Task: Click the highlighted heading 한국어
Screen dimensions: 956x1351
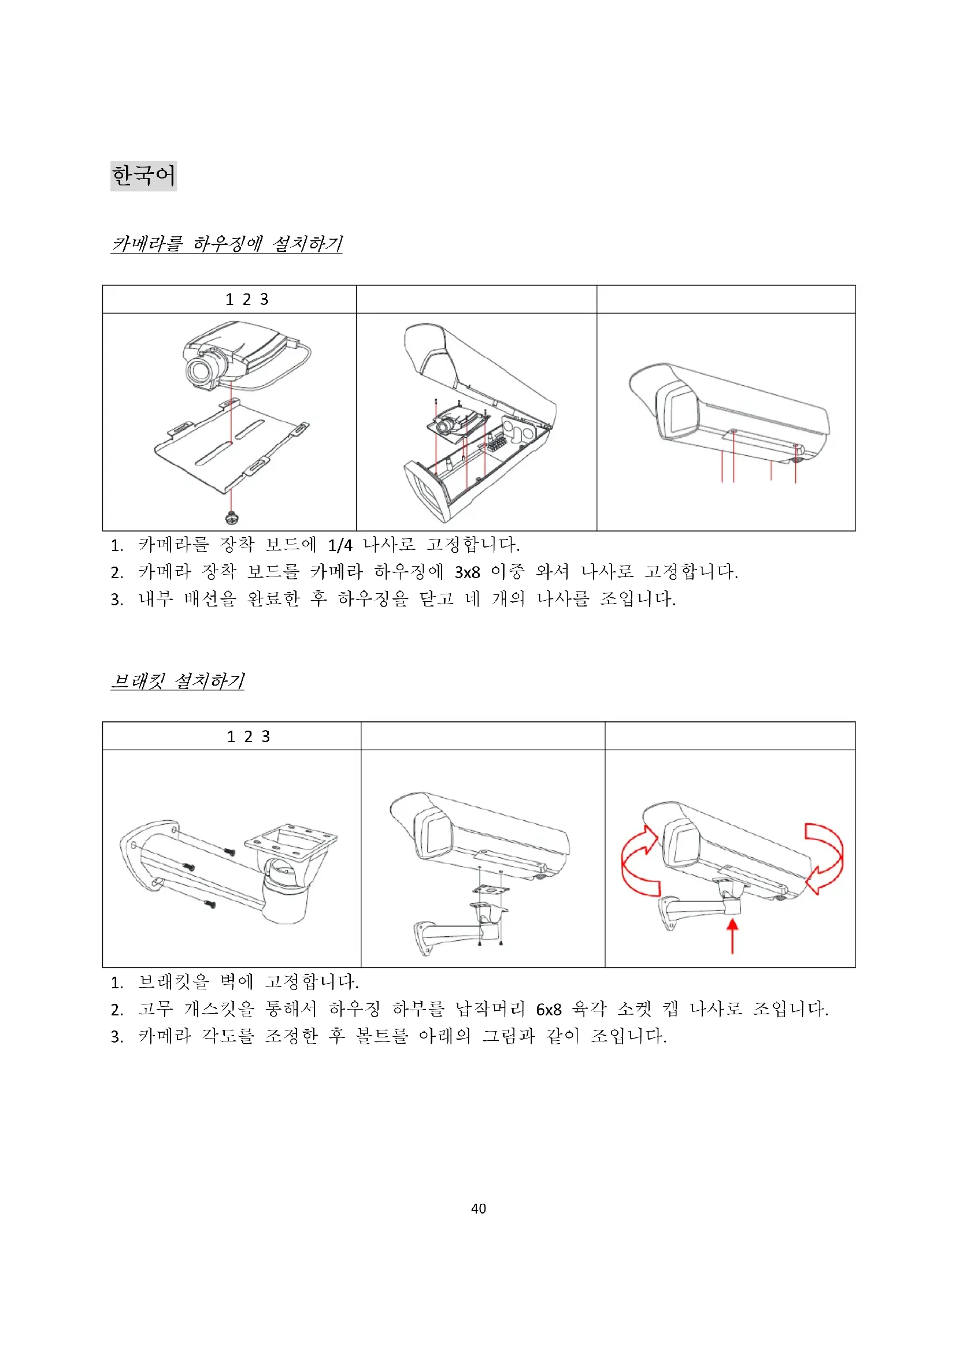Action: click(x=144, y=176)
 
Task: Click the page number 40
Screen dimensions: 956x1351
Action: click(x=479, y=1208)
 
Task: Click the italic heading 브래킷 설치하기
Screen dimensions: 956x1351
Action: click(x=178, y=681)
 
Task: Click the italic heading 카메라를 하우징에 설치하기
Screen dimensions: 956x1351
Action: click(x=227, y=244)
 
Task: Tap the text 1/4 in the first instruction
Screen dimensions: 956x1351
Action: click(x=340, y=545)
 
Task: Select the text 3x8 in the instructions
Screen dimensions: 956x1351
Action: click(x=468, y=572)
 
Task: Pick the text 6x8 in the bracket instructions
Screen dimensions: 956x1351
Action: click(x=549, y=1010)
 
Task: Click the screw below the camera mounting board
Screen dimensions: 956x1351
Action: click(x=232, y=517)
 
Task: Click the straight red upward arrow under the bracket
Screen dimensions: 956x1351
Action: click(x=732, y=936)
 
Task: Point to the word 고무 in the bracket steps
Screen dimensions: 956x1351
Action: click(x=155, y=1009)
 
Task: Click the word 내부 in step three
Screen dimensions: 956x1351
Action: click(x=155, y=599)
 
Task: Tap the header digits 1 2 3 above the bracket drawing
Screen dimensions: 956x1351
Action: click(x=249, y=736)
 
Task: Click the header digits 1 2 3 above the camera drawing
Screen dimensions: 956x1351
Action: click(x=247, y=300)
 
